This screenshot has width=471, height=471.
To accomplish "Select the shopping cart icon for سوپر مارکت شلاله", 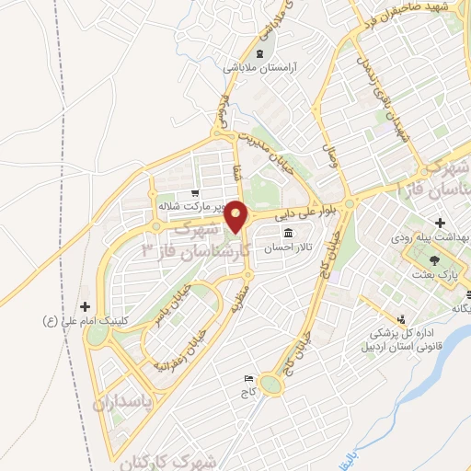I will (195, 194).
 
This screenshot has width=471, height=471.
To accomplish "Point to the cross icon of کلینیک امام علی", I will (86, 306).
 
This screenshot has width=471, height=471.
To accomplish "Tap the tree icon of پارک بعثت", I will (446, 262).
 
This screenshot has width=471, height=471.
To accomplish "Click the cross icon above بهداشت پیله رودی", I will (440, 224).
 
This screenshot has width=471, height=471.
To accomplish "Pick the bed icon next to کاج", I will (247, 379).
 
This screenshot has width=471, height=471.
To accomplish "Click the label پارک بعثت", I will (446, 275).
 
